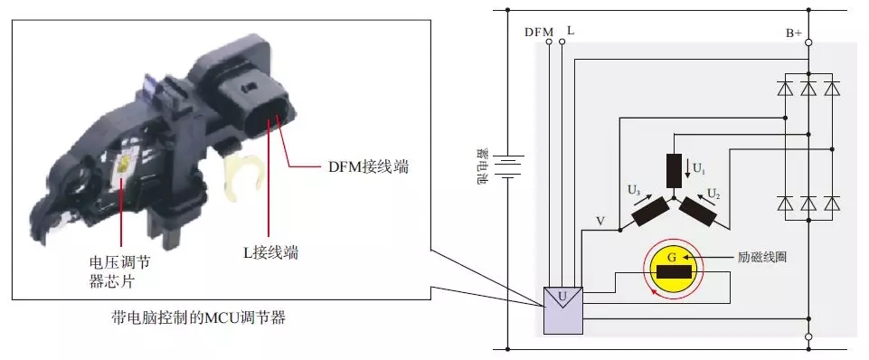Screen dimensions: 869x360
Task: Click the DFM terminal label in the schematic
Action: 539,33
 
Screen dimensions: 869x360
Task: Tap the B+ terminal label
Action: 794,33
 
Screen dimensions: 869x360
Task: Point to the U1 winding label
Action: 699,167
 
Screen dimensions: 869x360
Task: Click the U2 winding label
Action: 713,194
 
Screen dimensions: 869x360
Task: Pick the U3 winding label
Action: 635,190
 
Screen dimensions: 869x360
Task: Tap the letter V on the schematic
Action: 600,222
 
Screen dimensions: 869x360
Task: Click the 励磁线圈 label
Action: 762,258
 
